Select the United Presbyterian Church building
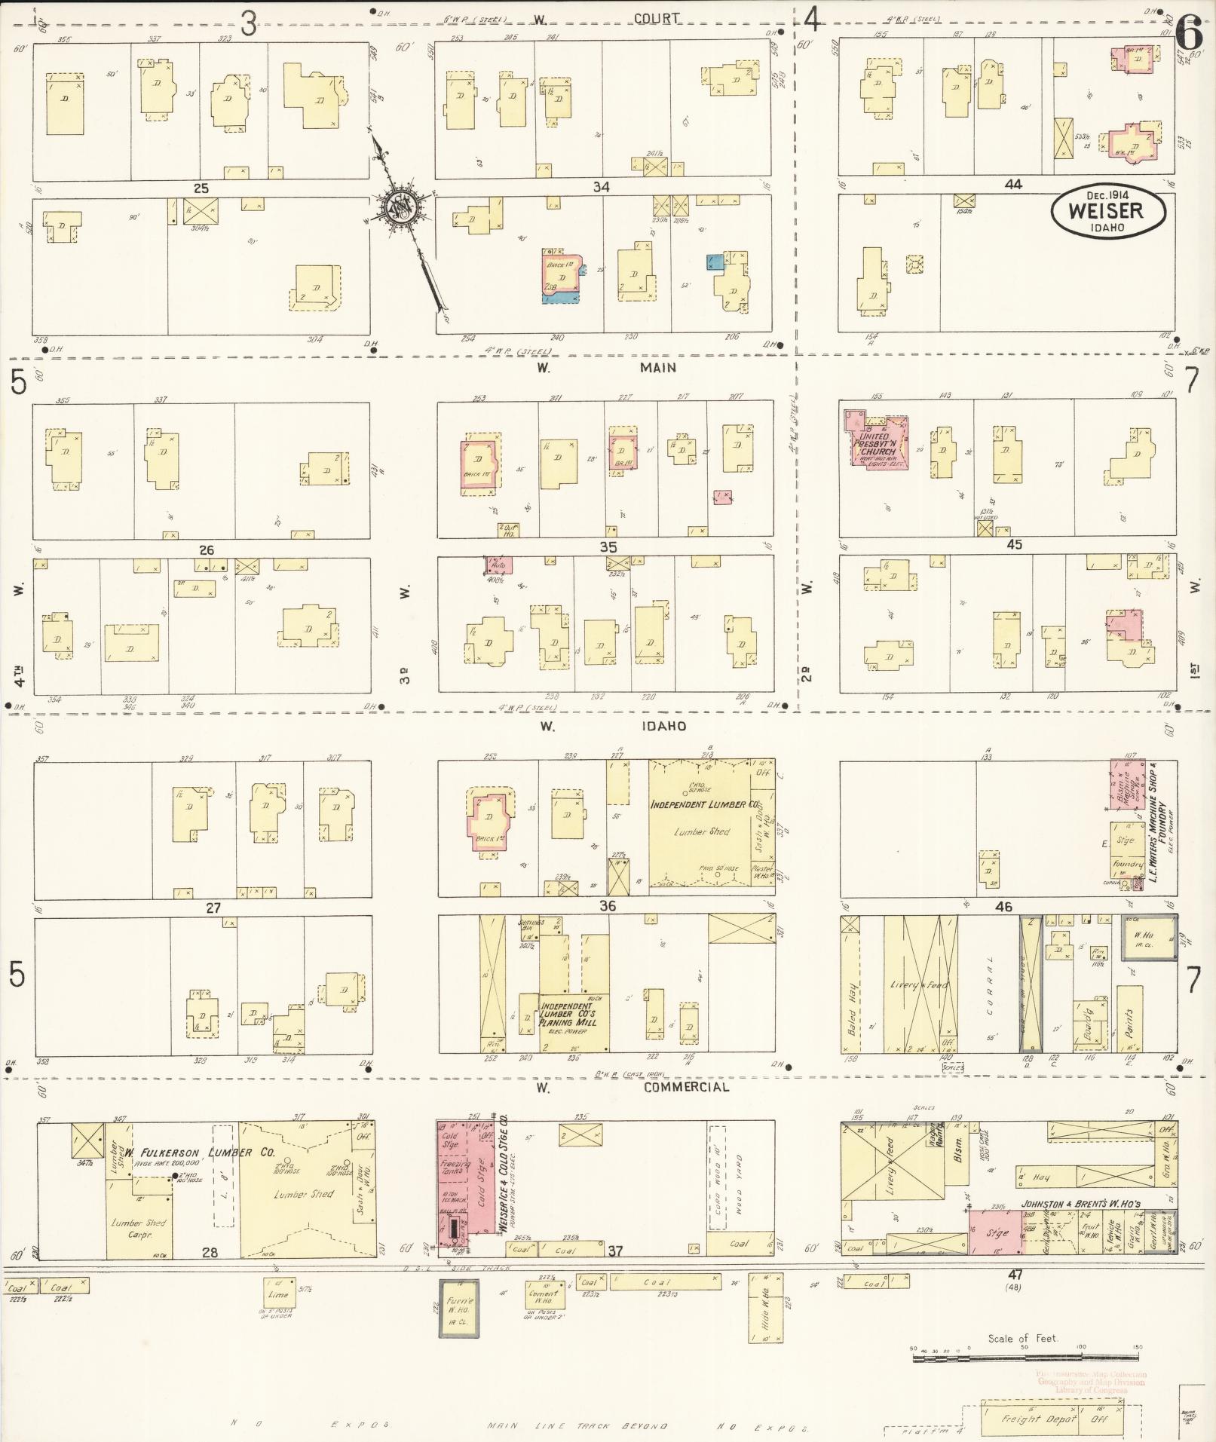pos(877,443)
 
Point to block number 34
pos(601,187)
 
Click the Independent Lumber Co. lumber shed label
pos(703,805)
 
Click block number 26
pos(207,550)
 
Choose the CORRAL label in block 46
pos(989,987)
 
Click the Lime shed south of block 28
pos(279,1290)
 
